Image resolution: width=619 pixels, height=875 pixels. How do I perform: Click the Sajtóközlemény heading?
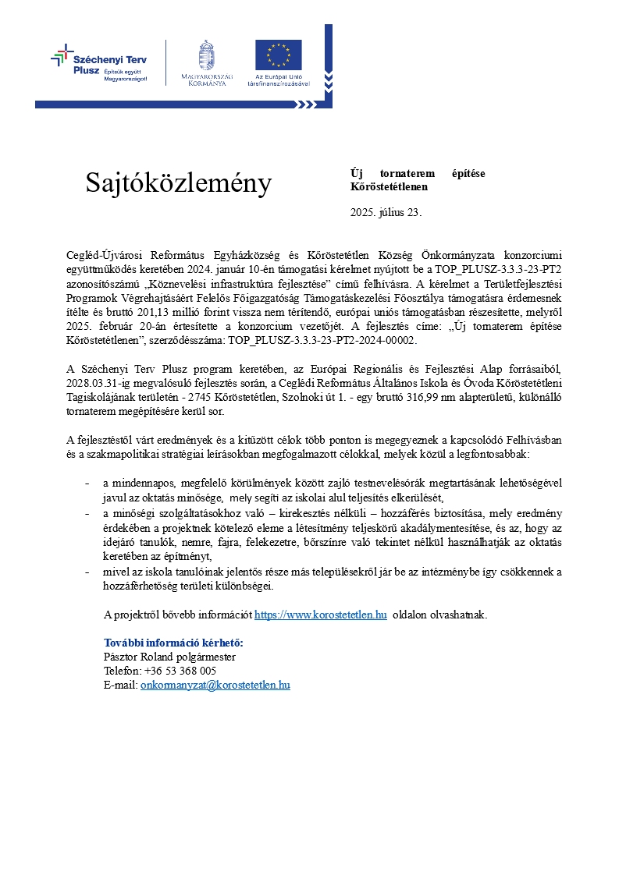[179, 183]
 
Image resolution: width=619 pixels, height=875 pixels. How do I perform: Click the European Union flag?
[278, 55]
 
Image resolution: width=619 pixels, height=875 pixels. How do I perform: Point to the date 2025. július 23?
[386, 212]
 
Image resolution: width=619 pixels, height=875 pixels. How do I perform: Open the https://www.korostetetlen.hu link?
[321, 615]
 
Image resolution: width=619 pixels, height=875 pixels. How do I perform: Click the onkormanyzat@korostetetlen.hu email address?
[215, 685]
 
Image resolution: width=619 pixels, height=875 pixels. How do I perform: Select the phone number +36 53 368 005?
[180, 671]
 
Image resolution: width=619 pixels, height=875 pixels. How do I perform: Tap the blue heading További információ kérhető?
[173, 643]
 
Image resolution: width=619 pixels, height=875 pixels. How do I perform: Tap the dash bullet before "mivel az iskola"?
[87, 572]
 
